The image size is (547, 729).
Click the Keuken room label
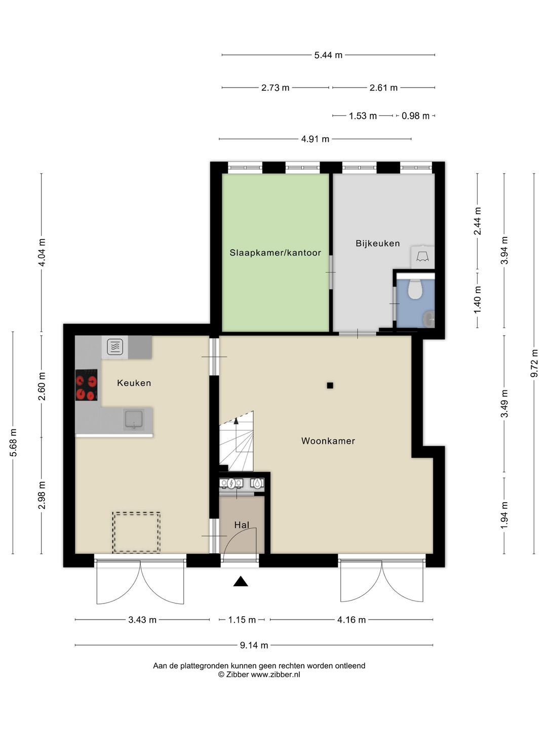point(134,383)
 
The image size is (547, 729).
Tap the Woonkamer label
point(328,441)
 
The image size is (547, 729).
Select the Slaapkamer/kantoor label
point(276,253)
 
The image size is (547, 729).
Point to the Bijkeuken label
point(378,244)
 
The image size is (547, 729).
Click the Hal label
point(242,525)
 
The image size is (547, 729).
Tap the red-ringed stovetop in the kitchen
point(86,385)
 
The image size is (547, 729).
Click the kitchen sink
point(134,420)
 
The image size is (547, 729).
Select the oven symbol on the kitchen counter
point(115,347)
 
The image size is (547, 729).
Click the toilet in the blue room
point(414,289)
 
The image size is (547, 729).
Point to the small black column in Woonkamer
point(330,386)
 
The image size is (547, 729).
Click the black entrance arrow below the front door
point(241,581)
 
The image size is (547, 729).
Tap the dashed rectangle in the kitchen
point(136,533)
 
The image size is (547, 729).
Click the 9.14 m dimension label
point(254,645)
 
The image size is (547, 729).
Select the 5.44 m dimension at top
point(328,55)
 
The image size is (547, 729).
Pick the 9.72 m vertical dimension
point(534,363)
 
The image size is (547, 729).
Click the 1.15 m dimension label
point(242,620)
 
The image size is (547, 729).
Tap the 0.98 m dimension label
point(415,116)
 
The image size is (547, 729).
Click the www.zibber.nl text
point(276,674)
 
